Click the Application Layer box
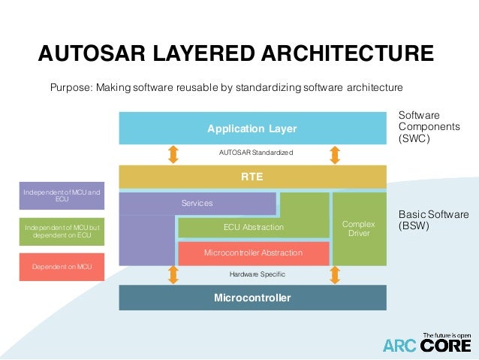(252, 129)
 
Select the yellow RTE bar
(252, 177)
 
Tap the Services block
(197, 203)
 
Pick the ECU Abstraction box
(253, 227)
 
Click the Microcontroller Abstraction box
(253, 253)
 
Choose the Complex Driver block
(359, 228)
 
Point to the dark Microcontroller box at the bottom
(252, 298)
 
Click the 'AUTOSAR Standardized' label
(253, 153)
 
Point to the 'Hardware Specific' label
(253, 275)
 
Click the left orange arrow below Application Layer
(173, 154)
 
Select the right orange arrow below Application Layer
(335, 154)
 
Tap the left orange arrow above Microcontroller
(173, 276)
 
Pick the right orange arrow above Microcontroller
(335, 276)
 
